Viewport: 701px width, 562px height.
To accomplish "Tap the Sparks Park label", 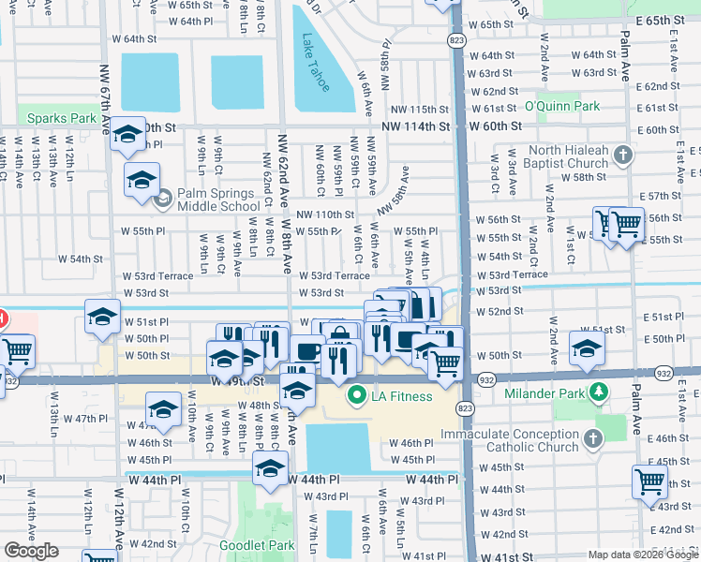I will click(x=62, y=119).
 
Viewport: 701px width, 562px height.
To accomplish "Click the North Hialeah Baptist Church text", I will click(x=569, y=156).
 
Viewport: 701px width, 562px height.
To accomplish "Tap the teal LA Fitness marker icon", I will click(x=355, y=396).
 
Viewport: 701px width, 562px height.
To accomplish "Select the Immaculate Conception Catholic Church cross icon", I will click(x=593, y=437).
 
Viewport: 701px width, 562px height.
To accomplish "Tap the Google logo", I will click(x=31, y=551).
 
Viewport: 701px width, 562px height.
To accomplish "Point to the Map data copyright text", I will click(x=643, y=555).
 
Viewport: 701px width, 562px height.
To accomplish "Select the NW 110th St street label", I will click(x=324, y=214).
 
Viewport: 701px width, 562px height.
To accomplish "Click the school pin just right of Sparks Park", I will click(x=127, y=137).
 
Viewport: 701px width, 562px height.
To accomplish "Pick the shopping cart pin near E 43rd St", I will click(x=650, y=483).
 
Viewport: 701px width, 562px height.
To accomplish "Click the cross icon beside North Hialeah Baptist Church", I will click(x=623, y=156).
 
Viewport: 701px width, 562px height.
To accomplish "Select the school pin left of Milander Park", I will click(x=587, y=350).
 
